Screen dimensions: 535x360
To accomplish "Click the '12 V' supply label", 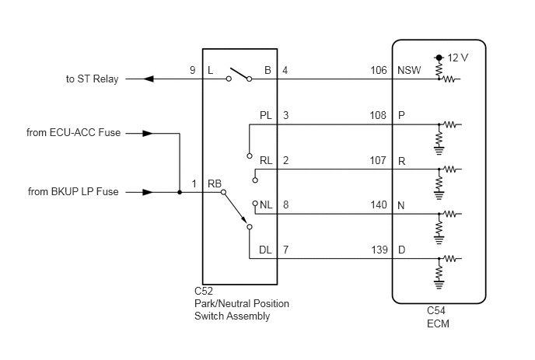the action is click(x=458, y=58).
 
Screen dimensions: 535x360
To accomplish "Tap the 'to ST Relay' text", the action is click(x=92, y=79).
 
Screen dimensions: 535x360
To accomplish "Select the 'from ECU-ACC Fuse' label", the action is click(x=73, y=132).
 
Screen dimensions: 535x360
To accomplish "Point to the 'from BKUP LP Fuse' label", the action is click(x=73, y=191).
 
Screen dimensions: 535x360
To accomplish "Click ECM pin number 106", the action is click(x=379, y=70).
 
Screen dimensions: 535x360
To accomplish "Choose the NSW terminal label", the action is click(x=409, y=70).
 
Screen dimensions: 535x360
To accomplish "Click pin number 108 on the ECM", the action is click(x=378, y=115).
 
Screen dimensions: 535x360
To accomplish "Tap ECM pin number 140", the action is click(x=379, y=204).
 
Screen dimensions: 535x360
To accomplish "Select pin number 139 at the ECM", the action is click(x=379, y=250).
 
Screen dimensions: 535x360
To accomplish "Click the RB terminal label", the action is click(x=215, y=183).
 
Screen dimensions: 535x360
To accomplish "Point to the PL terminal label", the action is click(x=266, y=115).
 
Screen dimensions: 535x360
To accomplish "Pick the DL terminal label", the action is click(x=265, y=250).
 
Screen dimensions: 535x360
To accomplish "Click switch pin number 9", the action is click(x=193, y=70).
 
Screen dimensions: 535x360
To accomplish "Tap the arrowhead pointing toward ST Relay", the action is click(x=148, y=79).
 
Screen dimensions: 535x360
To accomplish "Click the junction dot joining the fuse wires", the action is click(x=180, y=193).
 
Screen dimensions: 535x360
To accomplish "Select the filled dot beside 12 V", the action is click(x=439, y=58).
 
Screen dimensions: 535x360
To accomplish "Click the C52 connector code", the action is click(x=204, y=291).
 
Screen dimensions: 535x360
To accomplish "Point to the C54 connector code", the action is click(x=436, y=310).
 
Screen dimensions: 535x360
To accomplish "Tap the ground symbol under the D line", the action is click(x=439, y=285).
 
